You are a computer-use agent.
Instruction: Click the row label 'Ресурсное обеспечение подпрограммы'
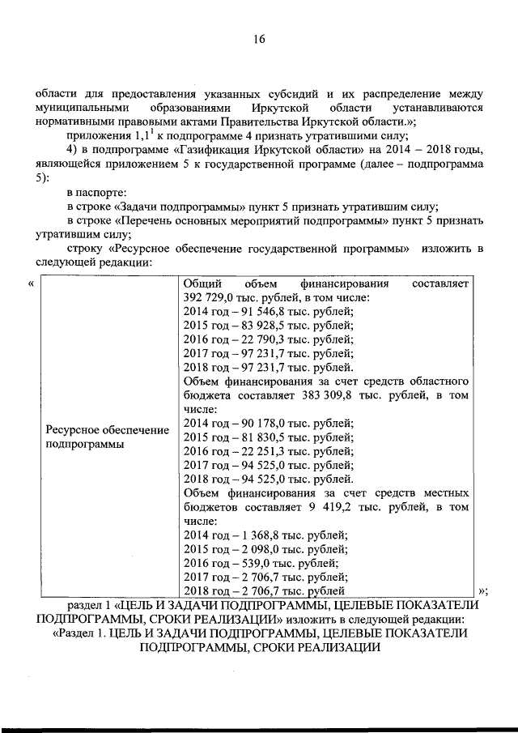click(108, 437)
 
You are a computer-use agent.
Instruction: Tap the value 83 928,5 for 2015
click(253, 326)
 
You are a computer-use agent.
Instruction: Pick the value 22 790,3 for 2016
click(253, 339)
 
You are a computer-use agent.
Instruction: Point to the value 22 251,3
click(253, 451)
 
